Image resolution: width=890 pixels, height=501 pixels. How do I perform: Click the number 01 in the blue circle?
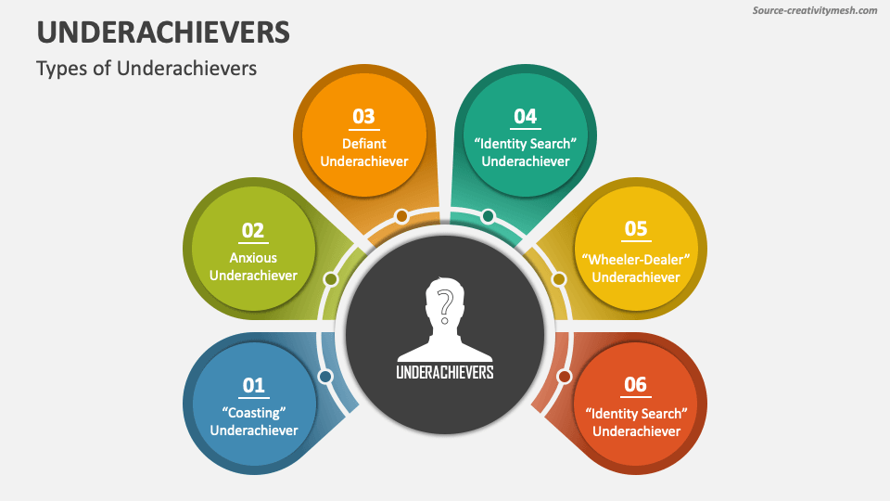tap(253, 384)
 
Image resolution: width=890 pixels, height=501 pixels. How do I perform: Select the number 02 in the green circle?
tap(253, 230)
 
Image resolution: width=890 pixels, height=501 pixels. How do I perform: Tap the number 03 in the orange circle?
tap(363, 116)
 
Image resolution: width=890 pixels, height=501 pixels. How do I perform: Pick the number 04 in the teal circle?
tap(525, 116)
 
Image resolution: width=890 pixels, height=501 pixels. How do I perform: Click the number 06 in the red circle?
tap(636, 384)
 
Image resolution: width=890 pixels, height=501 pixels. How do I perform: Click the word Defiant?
tap(363, 143)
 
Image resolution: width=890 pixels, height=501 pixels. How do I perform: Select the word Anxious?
tap(253, 257)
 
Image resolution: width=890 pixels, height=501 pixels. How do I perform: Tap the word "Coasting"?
tap(253, 411)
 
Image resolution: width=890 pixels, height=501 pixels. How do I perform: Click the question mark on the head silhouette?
tap(445, 303)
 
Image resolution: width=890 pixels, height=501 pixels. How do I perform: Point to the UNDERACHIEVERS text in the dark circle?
tap(445, 371)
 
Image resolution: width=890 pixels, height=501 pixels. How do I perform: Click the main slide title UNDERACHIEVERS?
tap(163, 32)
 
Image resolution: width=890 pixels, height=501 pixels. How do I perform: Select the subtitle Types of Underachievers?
tap(146, 69)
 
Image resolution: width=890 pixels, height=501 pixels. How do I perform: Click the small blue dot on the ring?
tap(324, 376)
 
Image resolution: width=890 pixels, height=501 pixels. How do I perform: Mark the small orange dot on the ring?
tap(401, 216)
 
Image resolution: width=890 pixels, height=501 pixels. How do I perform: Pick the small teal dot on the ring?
tap(488, 216)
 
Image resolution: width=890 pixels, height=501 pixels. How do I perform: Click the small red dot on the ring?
tap(564, 376)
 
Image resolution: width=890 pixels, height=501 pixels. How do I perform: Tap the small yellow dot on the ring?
tap(558, 278)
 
